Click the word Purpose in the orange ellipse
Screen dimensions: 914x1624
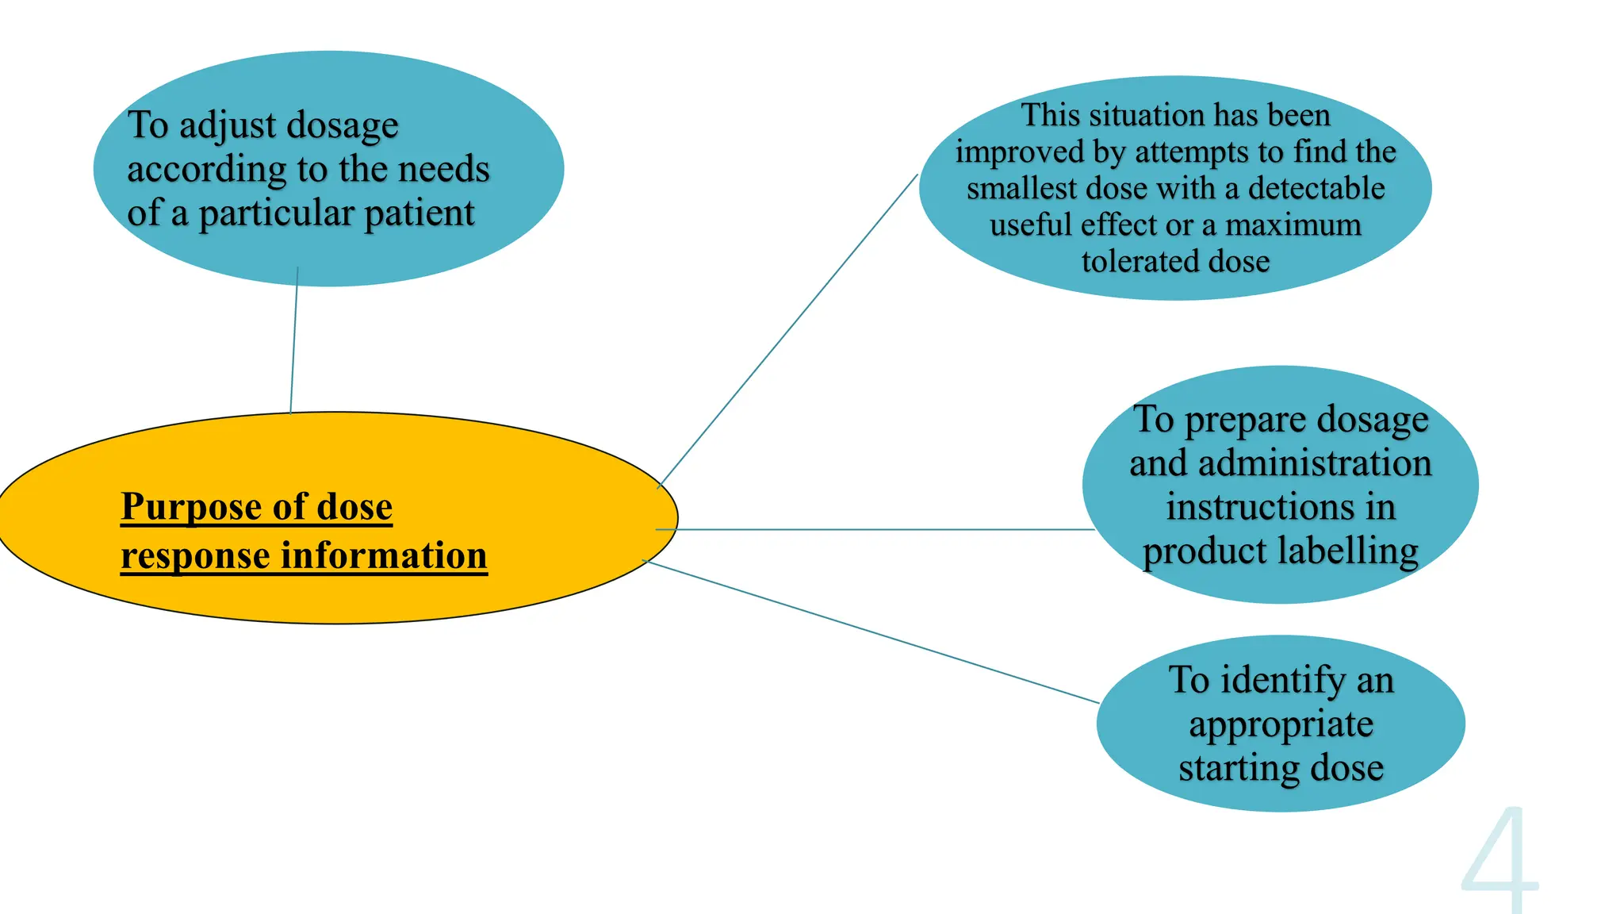coord(191,507)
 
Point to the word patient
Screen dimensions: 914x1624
coord(419,213)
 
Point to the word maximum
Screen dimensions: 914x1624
coord(1293,225)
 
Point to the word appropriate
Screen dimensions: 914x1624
coord(1281,724)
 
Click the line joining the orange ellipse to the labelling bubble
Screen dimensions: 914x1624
coord(872,529)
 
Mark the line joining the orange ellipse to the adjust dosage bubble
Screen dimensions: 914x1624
coord(294,341)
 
